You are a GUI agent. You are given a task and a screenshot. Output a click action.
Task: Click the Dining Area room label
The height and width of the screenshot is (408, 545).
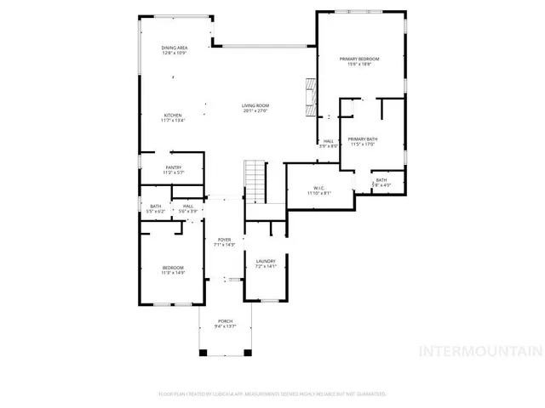(175, 50)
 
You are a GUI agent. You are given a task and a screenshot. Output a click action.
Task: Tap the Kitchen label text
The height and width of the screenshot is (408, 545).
(173, 117)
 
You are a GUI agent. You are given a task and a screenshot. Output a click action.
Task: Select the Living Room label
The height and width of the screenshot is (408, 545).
(255, 107)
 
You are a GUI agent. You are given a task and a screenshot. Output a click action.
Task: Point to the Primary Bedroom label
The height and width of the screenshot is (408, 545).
(359, 61)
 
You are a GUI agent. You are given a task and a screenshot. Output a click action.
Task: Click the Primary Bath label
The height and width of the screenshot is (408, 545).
(363, 141)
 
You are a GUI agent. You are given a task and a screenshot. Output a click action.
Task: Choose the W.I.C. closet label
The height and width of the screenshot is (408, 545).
(318, 190)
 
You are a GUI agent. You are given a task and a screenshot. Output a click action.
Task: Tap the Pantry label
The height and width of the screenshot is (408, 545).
(174, 170)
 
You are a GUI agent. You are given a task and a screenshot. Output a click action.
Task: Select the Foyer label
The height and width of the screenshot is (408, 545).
(224, 242)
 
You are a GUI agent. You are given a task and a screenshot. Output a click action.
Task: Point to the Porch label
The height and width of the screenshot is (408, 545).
(225, 324)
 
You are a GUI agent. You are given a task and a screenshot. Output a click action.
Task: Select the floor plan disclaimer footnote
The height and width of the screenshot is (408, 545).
(272, 394)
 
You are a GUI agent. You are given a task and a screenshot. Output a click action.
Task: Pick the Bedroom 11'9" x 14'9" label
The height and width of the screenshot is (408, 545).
(173, 270)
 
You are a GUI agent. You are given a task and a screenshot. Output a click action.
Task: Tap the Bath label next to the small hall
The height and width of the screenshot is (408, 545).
(156, 208)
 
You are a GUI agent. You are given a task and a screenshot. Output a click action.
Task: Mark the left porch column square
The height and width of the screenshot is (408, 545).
(203, 352)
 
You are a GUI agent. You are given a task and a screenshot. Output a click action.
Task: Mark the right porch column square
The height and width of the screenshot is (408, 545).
(248, 352)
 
